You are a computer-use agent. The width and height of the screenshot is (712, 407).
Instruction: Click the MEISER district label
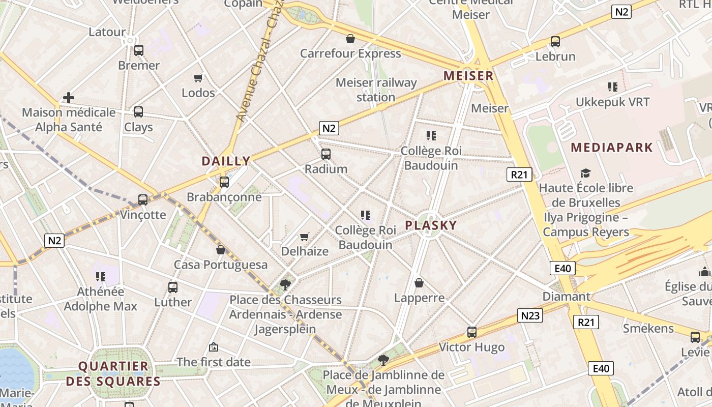click(x=468, y=76)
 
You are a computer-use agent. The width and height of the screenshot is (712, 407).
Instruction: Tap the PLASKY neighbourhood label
click(x=431, y=225)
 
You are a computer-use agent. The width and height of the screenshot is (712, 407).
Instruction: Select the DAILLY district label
click(x=226, y=161)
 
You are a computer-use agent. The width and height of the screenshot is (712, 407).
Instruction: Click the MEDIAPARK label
click(x=611, y=148)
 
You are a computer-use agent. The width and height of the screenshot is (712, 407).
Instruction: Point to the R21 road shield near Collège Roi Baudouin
click(x=519, y=175)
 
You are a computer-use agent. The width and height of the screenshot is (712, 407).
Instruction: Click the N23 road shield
click(x=530, y=315)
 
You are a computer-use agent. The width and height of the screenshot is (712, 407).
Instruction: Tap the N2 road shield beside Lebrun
click(x=621, y=11)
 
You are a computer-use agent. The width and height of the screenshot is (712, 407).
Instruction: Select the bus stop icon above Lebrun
click(x=555, y=41)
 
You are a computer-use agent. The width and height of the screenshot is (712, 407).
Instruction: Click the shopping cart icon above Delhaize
click(x=304, y=237)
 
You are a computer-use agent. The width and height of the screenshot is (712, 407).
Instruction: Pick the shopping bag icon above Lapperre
click(x=419, y=283)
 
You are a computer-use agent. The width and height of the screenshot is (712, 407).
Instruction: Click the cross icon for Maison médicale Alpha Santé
click(x=69, y=97)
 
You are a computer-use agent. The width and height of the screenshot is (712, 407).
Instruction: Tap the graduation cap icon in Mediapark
click(x=586, y=173)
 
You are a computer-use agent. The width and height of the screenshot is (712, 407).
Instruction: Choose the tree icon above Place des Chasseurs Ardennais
click(x=285, y=284)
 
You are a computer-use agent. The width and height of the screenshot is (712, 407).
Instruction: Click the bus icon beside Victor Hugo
click(x=472, y=332)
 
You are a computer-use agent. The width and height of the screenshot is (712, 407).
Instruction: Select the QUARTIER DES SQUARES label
click(x=113, y=373)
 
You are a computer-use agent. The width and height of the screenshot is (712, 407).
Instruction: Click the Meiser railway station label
click(x=376, y=90)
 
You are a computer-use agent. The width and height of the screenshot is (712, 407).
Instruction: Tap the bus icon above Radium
click(x=326, y=154)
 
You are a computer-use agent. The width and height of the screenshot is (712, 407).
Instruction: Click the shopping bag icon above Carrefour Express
click(x=350, y=39)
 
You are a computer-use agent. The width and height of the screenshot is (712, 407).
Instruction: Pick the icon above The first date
click(x=214, y=347)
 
